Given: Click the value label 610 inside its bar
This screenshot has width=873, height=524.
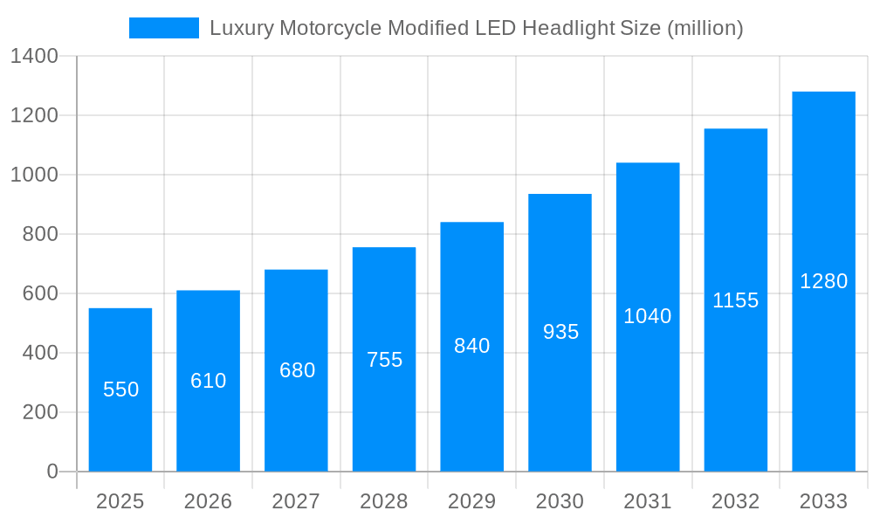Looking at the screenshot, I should [209, 381].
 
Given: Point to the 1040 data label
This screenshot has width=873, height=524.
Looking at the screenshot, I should [648, 316].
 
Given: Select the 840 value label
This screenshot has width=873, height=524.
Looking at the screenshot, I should [472, 346].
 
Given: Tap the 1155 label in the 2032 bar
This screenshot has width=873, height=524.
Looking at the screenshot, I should [736, 300].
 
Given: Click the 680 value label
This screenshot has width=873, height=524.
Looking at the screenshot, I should [297, 370].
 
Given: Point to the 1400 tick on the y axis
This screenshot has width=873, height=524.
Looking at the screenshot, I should [34, 57].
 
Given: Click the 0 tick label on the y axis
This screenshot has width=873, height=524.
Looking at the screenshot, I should [52, 472].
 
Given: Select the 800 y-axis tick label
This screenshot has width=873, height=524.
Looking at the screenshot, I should [41, 234].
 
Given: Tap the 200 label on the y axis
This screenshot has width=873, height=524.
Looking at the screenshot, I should [41, 412].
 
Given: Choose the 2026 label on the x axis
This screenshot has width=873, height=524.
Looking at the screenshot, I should [209, 501].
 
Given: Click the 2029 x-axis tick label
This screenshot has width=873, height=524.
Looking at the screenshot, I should [472, 501].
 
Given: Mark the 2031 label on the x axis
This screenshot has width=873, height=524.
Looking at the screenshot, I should [648, 501].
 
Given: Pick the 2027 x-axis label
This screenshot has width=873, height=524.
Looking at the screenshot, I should [297, 501].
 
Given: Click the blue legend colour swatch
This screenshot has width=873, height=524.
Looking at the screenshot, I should [164, 28].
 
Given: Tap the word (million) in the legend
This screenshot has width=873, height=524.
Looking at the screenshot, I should [705, 28].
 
